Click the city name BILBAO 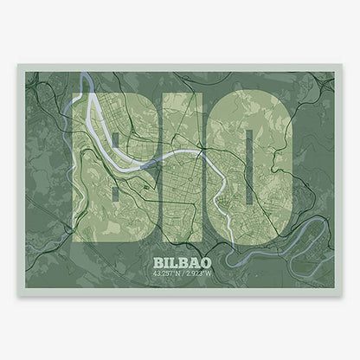point(180,260)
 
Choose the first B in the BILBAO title point(157,260)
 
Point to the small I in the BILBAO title point(167,260)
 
